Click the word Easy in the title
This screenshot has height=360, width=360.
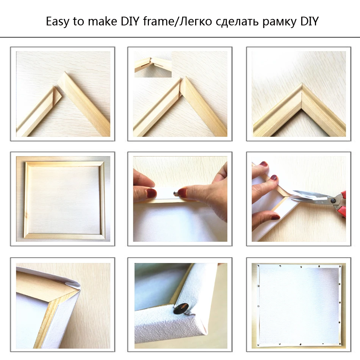point(58,21)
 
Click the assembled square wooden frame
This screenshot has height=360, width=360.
point(63,199)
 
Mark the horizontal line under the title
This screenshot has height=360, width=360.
point(180,37)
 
